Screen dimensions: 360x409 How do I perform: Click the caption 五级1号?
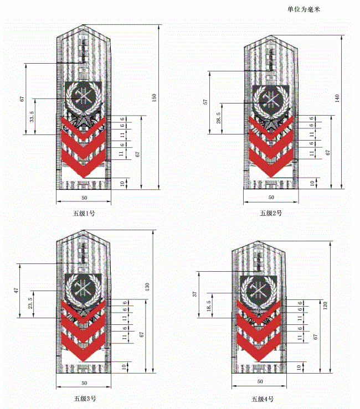[x=84, y=214]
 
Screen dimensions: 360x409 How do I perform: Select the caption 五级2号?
[x=271, y=214]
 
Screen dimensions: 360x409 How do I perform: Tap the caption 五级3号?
[x=85, y=398]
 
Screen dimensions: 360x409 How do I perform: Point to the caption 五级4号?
[x=263, y=399]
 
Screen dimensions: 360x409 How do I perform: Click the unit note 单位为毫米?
[x=304, y=9]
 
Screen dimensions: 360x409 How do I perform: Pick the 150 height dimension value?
[x=154, y=98]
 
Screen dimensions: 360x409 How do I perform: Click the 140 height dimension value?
[x=337, y=99]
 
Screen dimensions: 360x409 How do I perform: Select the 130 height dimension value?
[x=147, y=287]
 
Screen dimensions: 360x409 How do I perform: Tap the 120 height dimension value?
[x=325, y=305]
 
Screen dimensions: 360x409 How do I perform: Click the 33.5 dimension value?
[x=32, y=116]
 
